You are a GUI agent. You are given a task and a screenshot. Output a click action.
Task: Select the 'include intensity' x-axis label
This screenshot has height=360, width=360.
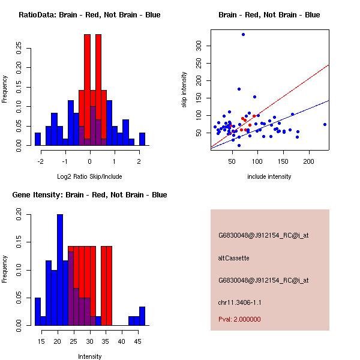(x=269, y=176)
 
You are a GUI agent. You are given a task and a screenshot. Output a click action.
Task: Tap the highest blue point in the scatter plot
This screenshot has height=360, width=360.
(x=243, y=35)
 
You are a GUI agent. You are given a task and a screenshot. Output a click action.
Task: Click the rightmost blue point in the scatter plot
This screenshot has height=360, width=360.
(x=325, y=124)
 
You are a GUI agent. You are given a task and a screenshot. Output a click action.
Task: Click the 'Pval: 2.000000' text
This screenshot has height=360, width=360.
(x=238, y=320)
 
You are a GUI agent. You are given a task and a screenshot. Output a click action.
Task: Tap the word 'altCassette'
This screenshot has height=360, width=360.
(x=233, y=258)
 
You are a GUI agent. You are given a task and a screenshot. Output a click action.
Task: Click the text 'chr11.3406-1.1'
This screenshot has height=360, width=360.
(x=239, y=302)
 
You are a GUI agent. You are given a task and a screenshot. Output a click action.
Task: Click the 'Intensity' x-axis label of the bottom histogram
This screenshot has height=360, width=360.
(x=89, y=356)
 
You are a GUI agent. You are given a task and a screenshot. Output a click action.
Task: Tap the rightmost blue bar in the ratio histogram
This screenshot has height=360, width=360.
(x=142, y=139)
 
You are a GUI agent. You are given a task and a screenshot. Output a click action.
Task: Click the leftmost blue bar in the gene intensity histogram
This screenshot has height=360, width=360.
(x=38, y=311)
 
